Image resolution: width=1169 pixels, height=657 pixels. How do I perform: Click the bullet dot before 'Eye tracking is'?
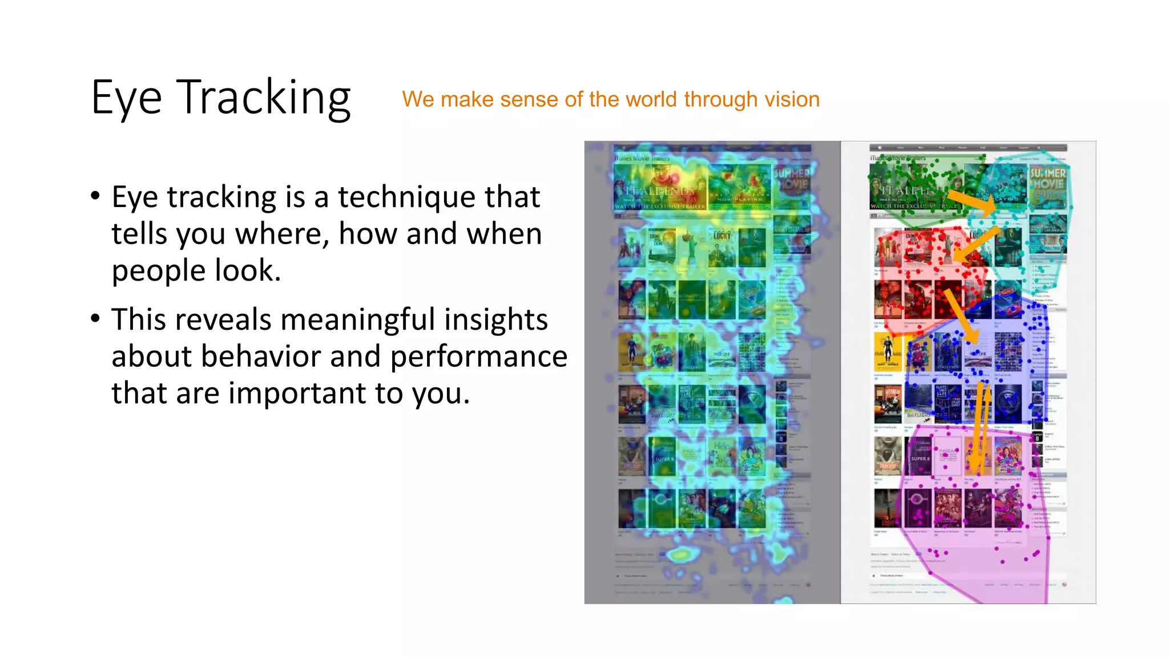95,196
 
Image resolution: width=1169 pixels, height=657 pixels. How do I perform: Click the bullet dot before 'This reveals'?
95,318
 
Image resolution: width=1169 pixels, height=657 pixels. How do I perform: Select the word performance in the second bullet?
478,357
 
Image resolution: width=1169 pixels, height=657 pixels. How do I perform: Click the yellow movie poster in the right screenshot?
887,351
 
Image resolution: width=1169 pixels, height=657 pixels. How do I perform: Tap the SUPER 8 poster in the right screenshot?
919,456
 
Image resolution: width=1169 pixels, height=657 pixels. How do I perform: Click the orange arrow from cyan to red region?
977,245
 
